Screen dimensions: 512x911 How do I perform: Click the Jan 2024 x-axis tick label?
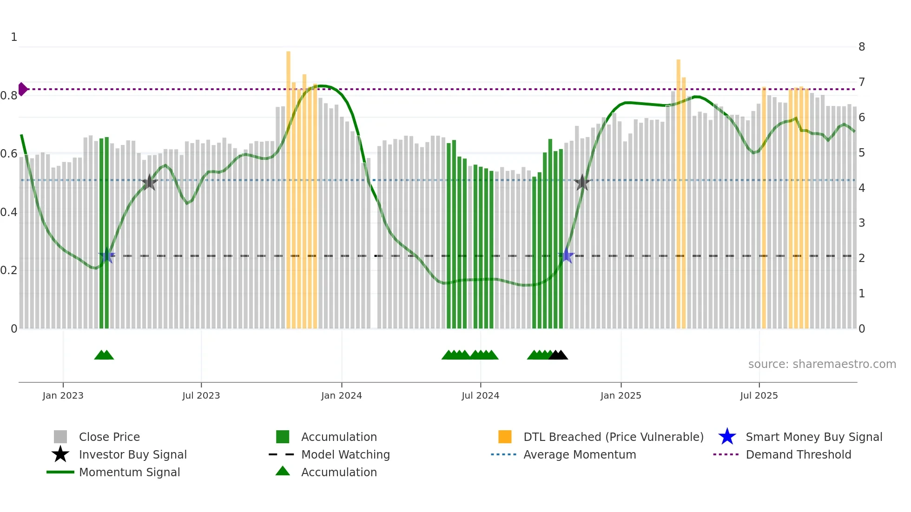[341, 395]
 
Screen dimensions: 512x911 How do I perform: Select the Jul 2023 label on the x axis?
[201, 395]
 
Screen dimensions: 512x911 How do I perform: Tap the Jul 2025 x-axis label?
[759, 395]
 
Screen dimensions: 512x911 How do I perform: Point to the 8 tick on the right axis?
[861, 47]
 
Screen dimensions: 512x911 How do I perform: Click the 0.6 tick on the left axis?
[9, 154]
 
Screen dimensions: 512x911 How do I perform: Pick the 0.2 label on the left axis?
[9, 270]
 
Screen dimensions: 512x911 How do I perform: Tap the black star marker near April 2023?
[149, 183]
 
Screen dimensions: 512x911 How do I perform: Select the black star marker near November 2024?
[582, 183]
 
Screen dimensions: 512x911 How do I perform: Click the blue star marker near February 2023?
[107, 255]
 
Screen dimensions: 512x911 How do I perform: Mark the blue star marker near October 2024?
[567, 255]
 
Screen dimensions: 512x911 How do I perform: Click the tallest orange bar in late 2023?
[288, 186]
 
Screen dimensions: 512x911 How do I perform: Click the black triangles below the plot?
[558, 355]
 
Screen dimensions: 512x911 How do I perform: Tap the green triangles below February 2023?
[104, 355]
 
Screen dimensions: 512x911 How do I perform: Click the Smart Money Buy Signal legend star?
[727, 437]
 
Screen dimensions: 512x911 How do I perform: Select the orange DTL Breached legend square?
[505, 437]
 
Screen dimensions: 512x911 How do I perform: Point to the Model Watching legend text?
[345, 454]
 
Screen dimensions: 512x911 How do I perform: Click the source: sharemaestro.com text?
[822, 364]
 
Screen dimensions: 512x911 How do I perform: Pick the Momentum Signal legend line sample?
[60, 472]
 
